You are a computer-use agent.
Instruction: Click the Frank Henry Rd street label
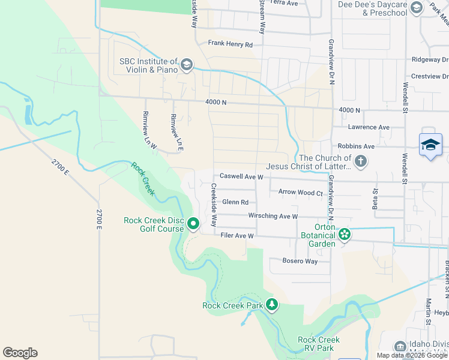click(231, 44)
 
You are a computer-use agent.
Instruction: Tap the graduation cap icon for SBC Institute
click(187, 65)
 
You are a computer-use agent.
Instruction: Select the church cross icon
click(360, 161)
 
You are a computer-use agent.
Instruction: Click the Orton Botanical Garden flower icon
click(345, 235)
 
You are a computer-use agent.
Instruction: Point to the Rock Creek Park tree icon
click(272, 305)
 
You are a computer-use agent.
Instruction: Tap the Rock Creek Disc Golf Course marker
click(193, 224)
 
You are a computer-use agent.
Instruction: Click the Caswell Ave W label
click(241, 177)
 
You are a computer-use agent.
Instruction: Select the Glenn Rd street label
click(235, 203)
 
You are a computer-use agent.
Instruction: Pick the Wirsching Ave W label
click(273, 216)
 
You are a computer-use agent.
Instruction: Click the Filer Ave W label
click(238, 236)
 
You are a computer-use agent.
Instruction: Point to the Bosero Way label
click(300, 261)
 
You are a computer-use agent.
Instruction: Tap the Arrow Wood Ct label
click(301, 193)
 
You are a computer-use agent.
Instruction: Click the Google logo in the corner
click(20, 353)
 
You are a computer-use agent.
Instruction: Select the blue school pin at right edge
click(430, 146)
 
